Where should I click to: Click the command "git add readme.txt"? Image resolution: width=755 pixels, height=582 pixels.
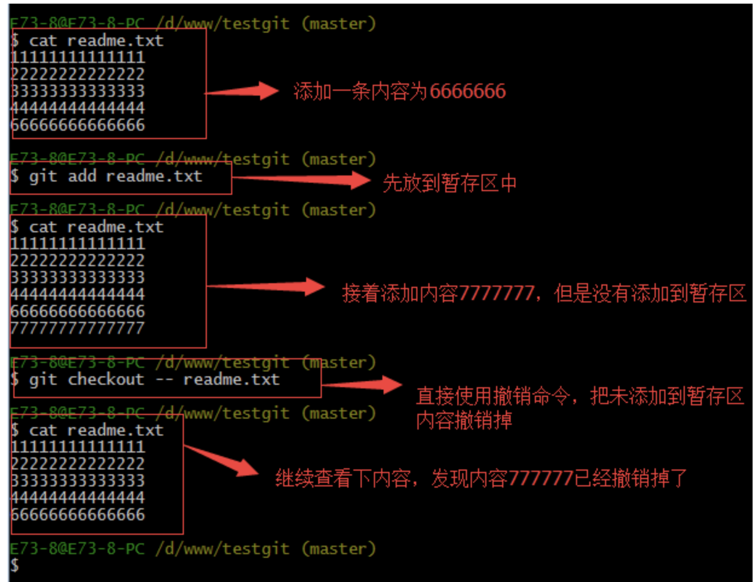(115, 177)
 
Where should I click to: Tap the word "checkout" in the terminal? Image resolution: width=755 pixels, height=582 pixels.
(106, 380)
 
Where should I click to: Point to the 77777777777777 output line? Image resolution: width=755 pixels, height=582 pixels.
(77, 329)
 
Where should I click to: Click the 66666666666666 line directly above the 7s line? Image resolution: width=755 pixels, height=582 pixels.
(77, 312)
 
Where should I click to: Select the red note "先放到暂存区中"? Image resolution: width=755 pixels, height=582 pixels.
(449, 183)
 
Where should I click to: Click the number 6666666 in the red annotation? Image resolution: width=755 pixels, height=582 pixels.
(468, 91)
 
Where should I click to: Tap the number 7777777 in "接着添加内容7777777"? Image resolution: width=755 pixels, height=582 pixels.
(496, 293)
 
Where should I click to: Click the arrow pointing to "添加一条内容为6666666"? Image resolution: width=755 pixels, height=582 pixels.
(242, 91)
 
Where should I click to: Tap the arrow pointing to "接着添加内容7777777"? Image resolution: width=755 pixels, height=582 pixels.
(266, 287)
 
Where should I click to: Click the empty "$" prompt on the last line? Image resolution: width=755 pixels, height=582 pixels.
(15, 566)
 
